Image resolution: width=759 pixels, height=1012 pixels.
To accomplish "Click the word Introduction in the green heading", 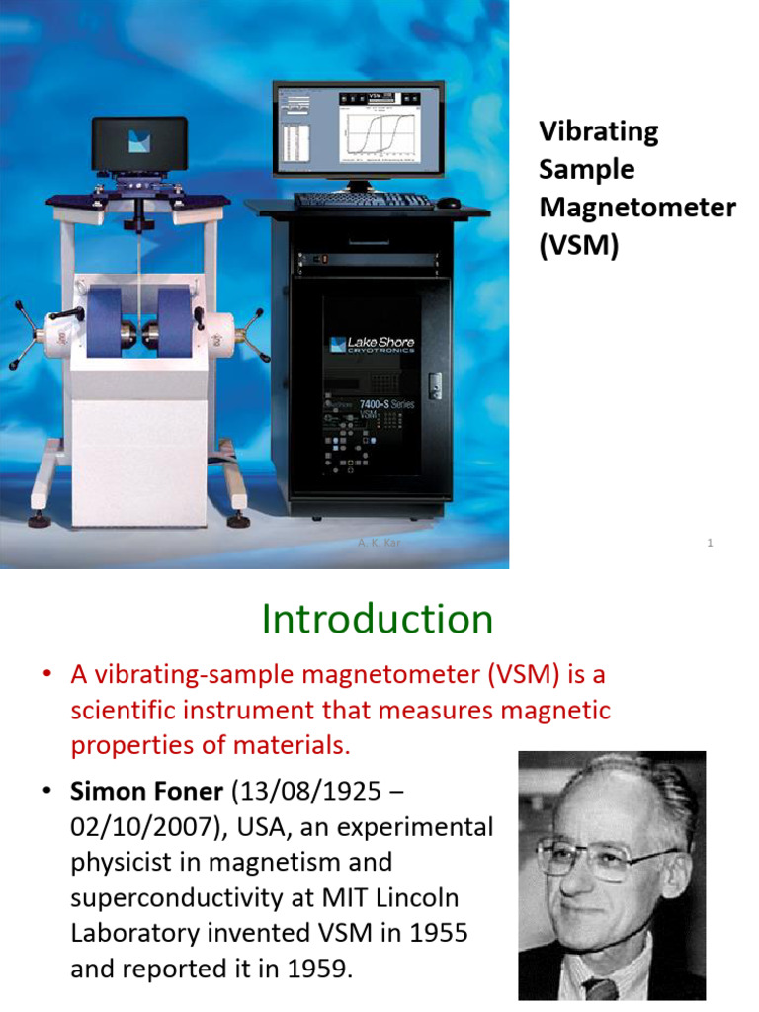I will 378,620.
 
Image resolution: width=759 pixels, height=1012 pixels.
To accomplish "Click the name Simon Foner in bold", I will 147,792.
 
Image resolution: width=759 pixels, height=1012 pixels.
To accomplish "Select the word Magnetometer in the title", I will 637,208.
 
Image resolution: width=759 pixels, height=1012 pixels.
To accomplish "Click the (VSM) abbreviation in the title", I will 578,245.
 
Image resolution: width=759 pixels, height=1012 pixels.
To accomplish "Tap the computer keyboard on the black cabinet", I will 364,200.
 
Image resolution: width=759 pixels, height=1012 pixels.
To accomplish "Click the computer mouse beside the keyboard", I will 449,204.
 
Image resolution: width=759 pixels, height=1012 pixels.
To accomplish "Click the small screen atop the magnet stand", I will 139,143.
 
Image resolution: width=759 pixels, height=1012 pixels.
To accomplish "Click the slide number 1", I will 711,543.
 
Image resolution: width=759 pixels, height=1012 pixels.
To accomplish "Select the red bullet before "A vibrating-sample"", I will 45,675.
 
